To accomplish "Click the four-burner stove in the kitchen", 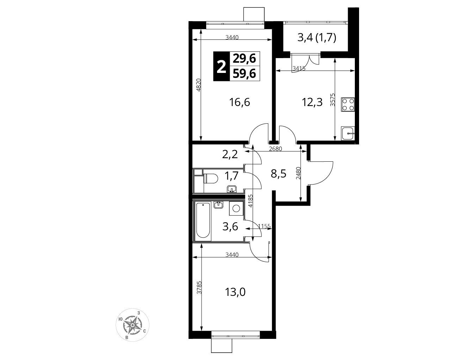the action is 348,105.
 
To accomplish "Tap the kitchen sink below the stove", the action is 348,133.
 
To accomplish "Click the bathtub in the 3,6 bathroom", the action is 203,222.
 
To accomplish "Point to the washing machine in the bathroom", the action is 236,209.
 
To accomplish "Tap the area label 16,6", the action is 240,102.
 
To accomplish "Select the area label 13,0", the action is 235,292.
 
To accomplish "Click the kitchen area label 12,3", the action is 312,103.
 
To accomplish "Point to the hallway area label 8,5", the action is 278,174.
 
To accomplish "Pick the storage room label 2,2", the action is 230,155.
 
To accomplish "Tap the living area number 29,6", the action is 244,58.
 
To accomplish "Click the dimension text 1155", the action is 264,226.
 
